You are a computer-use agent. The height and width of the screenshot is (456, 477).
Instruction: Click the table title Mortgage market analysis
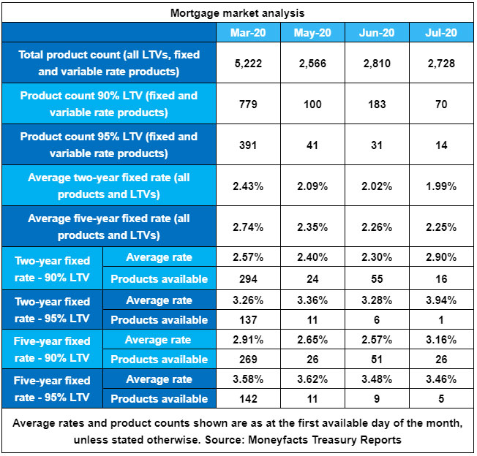[x=238, y=13]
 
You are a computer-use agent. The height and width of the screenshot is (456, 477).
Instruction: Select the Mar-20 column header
[x=248, y=33]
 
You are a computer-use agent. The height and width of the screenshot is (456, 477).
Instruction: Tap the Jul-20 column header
[x=441, y=33]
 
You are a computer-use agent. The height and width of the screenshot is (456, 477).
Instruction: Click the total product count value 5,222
[x=248, y=64]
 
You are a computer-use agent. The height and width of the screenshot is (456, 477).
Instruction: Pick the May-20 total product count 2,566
[x=312, y=64]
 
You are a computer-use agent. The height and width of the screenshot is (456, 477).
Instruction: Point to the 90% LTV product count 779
[x=248, y=104]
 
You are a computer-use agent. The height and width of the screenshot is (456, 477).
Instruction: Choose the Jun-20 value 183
[x=377, y=104]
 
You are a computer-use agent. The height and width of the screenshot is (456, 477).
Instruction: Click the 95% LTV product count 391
[x=248, y=145]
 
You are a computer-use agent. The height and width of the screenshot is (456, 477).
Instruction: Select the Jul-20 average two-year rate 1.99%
[x=441, y=186]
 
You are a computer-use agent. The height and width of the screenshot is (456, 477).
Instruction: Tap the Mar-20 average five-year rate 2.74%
[x=248, y=227]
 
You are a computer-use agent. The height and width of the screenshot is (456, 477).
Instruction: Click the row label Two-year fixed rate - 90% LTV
[x=52, y=268]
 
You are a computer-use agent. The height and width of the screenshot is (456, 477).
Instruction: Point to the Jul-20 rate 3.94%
[x=441, y=300]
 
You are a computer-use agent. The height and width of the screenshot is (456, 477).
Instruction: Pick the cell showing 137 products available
[x=248, y=319]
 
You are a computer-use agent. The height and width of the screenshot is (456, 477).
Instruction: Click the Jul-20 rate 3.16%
[x=441, y=340]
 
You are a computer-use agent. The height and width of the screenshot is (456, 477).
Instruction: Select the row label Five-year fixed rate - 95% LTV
[x=52, y=389]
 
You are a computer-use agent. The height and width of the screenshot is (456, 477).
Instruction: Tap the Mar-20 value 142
[x=248, y=399]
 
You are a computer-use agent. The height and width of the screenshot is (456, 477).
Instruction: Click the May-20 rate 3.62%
[x=312, y=379]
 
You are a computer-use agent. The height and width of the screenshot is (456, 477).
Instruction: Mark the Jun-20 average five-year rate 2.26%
[x=377, y=227]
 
